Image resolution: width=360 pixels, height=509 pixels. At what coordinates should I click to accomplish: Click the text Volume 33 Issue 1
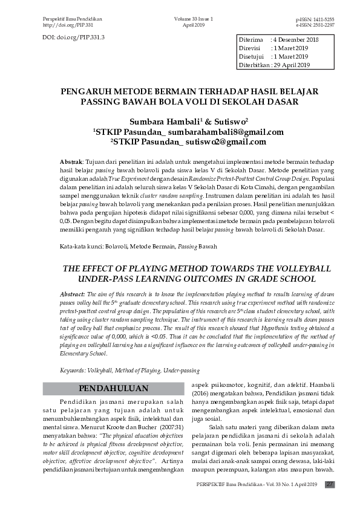(194, 20)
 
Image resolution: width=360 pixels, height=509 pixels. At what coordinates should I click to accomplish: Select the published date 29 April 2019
(293, 65)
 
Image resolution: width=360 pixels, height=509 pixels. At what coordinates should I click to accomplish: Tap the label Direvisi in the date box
(251, 48)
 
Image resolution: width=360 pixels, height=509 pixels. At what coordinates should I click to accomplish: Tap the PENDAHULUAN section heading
(114, 387)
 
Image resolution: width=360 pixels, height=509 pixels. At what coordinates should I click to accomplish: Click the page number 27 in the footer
(330, 484)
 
